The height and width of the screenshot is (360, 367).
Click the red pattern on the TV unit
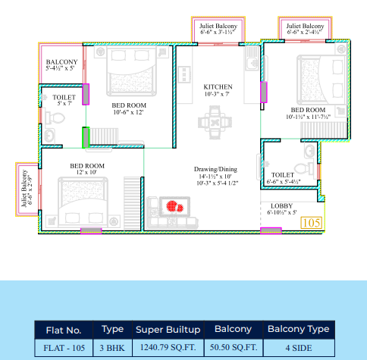point(176,205)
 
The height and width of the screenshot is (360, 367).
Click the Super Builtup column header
point(168,329)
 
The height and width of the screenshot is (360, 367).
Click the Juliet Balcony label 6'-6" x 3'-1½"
point(218,30)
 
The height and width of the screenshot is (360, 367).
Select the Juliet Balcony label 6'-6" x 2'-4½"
point(306,30)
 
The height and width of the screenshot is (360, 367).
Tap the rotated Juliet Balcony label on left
point(27,189)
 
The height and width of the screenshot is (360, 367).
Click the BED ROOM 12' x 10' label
point(87,169)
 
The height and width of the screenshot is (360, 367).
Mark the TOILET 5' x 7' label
point(64,101)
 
